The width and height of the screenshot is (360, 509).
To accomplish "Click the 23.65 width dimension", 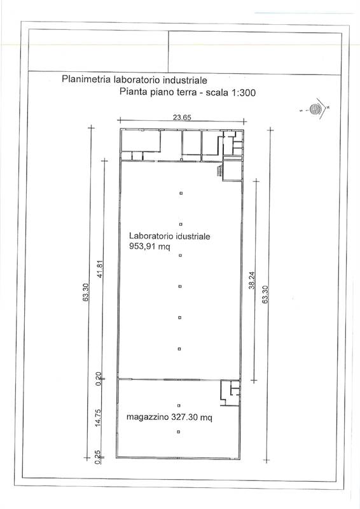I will pyautogui.click(x=183, y=116).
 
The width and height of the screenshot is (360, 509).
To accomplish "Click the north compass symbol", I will pyautogui.click(x=315, y=109).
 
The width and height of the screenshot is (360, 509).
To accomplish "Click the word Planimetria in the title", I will pyautogui.click(x=85, y=80).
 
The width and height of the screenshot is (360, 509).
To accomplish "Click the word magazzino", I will pyautogui.click(x=146, y=417).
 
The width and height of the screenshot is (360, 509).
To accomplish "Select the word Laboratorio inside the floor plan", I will pyautogui.click(x=151, y=235).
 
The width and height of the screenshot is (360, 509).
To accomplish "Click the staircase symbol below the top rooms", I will pyautogui.click(x=220, y=171).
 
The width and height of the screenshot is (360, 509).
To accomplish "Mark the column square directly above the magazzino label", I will pyautogui.click(x=179, y=405).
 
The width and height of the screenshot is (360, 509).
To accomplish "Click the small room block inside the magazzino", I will pyautogui.click(x=230, y=392).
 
